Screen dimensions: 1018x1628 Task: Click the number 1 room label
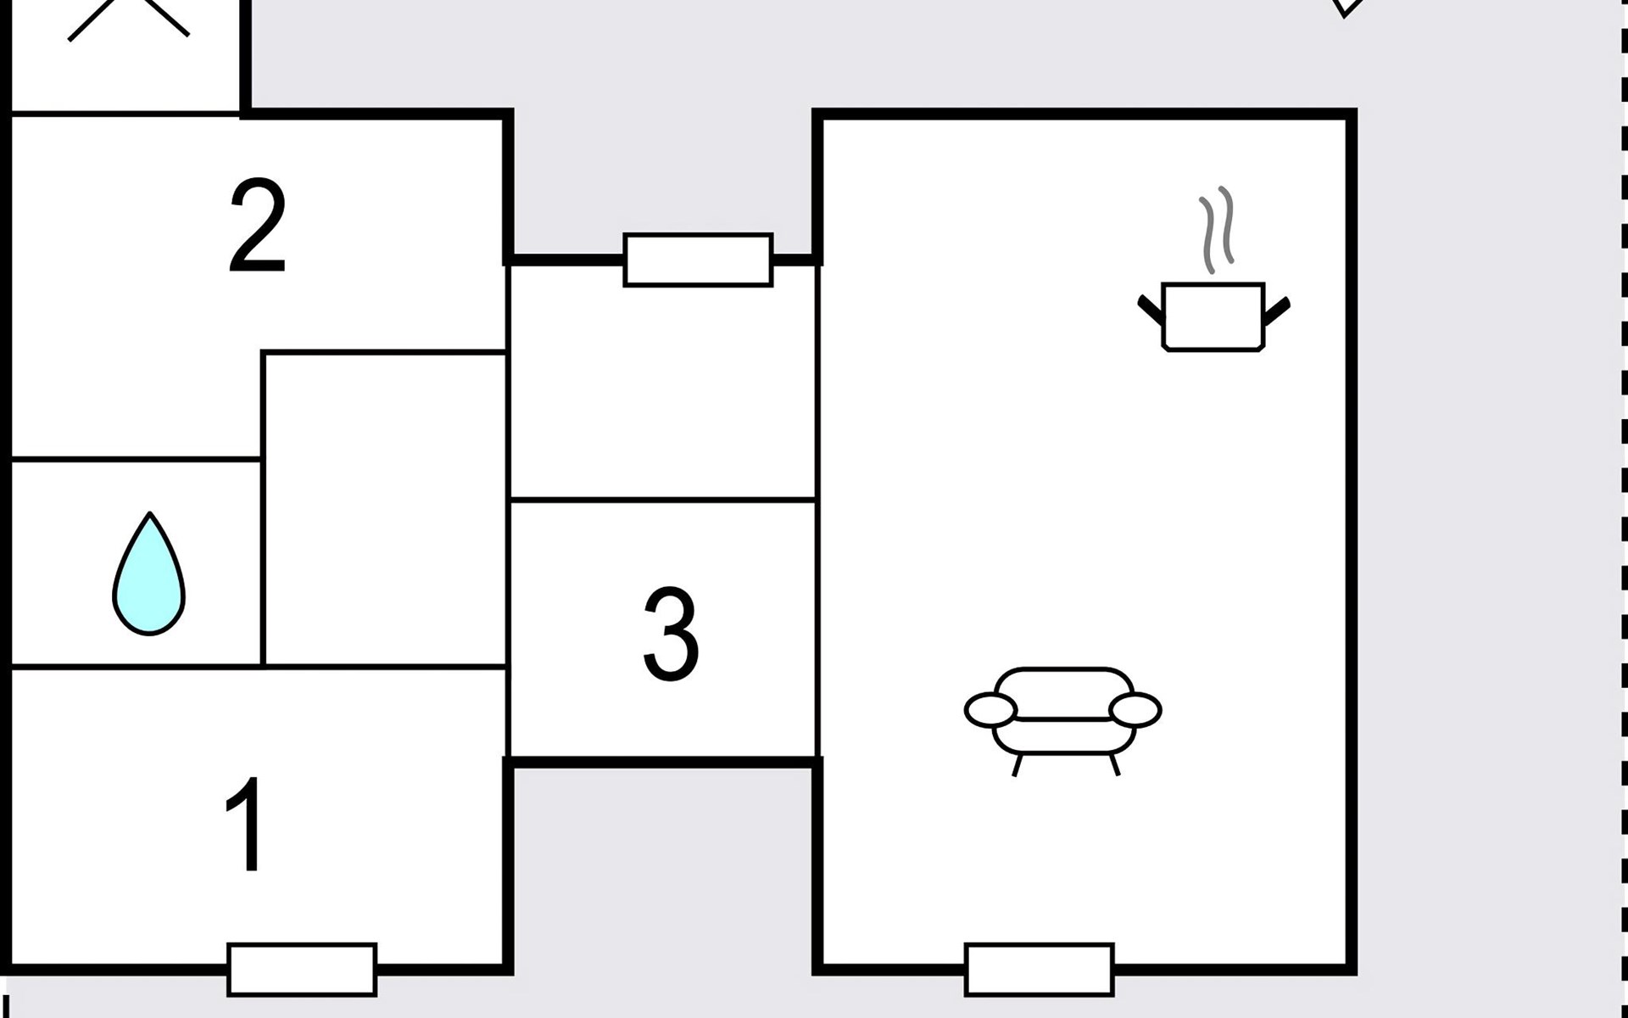point(246,825)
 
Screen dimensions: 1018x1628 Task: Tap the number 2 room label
point(258,226)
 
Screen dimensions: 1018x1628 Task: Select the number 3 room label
point(671,634)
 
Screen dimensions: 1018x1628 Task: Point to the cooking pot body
point(1213,317)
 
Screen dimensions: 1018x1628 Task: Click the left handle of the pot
point(1151,309)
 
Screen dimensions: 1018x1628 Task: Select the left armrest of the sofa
point(990,710)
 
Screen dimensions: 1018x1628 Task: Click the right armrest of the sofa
point(1135,710)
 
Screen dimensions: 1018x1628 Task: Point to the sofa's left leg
point(1017,764)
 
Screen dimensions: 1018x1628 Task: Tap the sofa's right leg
point(1115,764)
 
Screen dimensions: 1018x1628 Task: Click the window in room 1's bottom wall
point(302,969)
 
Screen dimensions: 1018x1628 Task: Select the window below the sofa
point(1040,969)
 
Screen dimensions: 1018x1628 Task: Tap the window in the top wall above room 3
point(698,260)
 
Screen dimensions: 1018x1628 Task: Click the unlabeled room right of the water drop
point(385,509)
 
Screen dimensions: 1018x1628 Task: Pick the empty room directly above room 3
point(662,382)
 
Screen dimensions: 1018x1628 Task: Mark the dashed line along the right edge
point(1624,509)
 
